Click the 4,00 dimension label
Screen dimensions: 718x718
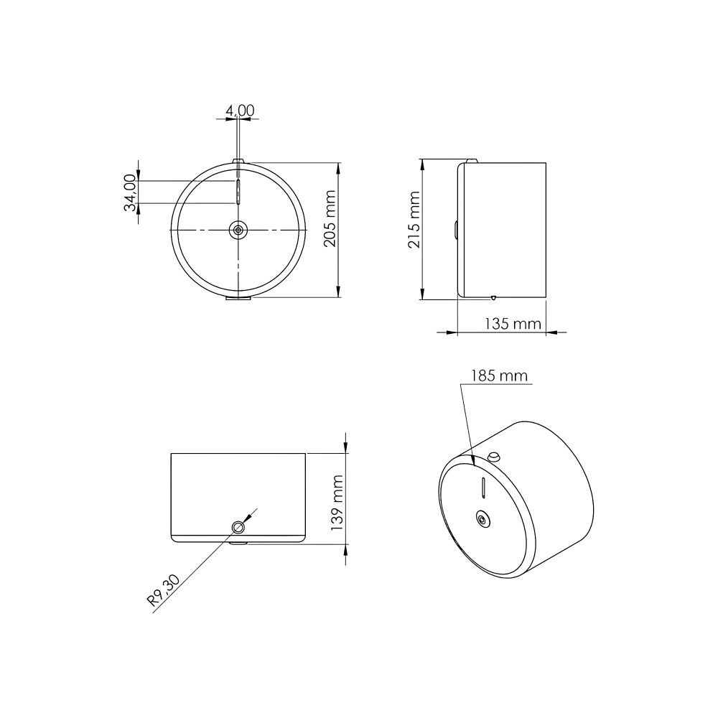240,111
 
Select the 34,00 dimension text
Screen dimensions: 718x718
131,192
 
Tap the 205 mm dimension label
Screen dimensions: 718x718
330,218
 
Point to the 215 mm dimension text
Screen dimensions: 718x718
414,220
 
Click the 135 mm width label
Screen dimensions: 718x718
513,324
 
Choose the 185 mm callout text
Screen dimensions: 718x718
500,376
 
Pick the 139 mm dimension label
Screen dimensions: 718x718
337,503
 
